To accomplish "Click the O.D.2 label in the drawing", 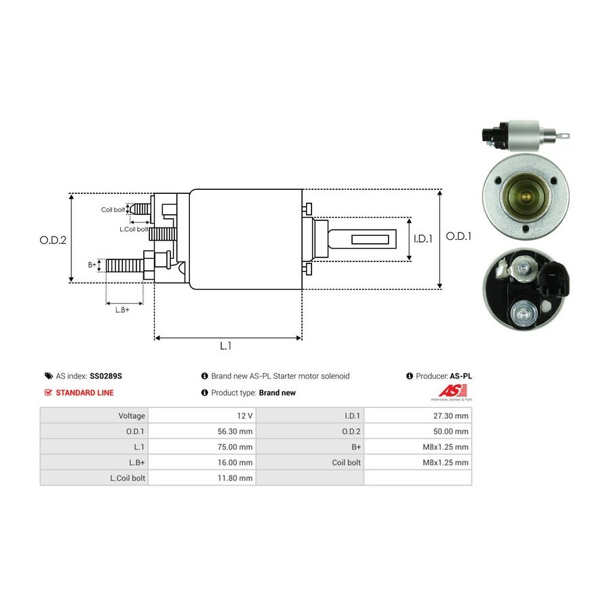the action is point(53,240).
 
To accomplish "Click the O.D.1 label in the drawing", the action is point(458,236).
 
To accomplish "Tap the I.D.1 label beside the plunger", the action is point(423,239).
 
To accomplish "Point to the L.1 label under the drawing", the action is point(226,345).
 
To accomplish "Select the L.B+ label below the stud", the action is point(122,310).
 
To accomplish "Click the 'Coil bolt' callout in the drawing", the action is point(113,210).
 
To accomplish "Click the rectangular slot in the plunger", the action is point(370,239).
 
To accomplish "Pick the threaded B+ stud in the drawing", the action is point(124,265).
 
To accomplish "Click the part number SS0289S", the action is point(106,376).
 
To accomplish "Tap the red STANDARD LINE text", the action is point(85,392).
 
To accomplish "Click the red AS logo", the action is point(453,391).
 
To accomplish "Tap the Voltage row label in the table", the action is point(132,415).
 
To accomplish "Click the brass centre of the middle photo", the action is point(526,196).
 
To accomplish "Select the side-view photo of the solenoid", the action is point(526,136).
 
